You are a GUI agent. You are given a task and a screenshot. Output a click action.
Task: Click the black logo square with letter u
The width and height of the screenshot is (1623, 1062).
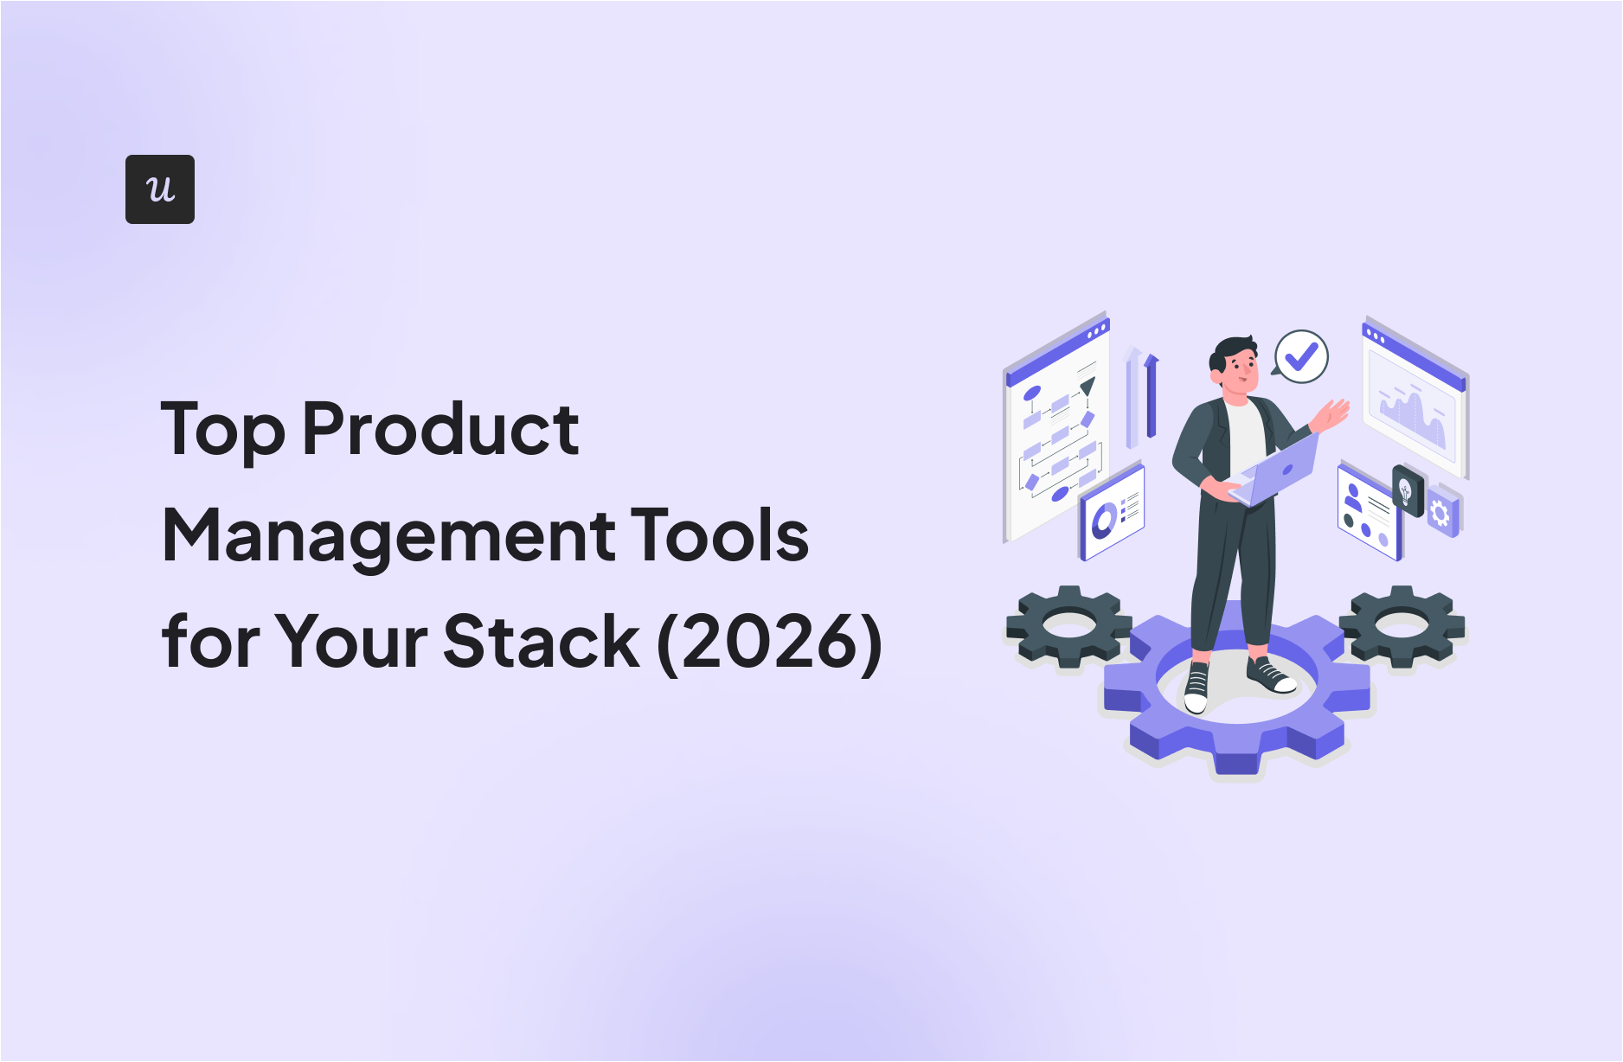(x=160, y=189)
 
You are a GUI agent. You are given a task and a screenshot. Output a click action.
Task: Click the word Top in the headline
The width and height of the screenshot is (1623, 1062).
(x=223, y=430)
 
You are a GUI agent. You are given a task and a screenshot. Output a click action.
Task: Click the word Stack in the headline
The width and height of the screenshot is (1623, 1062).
(x=542, y=641)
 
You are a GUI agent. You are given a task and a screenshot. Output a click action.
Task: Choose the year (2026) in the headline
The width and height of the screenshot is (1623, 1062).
(x=770, y=643)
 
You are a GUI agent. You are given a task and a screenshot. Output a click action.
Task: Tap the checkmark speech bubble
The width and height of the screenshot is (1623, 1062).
(x=1299, y=356)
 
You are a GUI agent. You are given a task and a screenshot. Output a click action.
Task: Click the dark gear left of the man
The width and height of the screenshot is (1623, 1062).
(x=1068, y=626)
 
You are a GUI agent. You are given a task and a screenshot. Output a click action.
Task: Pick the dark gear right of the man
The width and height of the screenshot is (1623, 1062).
(x=1402, y=626)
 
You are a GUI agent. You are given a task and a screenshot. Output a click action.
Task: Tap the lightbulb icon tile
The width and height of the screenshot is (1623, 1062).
(x=1408, y=490)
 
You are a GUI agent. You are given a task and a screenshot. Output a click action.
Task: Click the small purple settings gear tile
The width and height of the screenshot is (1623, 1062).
(x=1441, y=513)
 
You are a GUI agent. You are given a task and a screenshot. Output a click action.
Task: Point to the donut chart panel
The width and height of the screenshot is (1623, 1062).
(x=1112, y=512)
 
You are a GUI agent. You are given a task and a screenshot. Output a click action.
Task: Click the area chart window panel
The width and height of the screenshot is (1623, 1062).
(x=1415, y=397)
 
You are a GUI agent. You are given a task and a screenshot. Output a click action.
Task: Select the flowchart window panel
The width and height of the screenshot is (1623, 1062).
(x=1055, y=428)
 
